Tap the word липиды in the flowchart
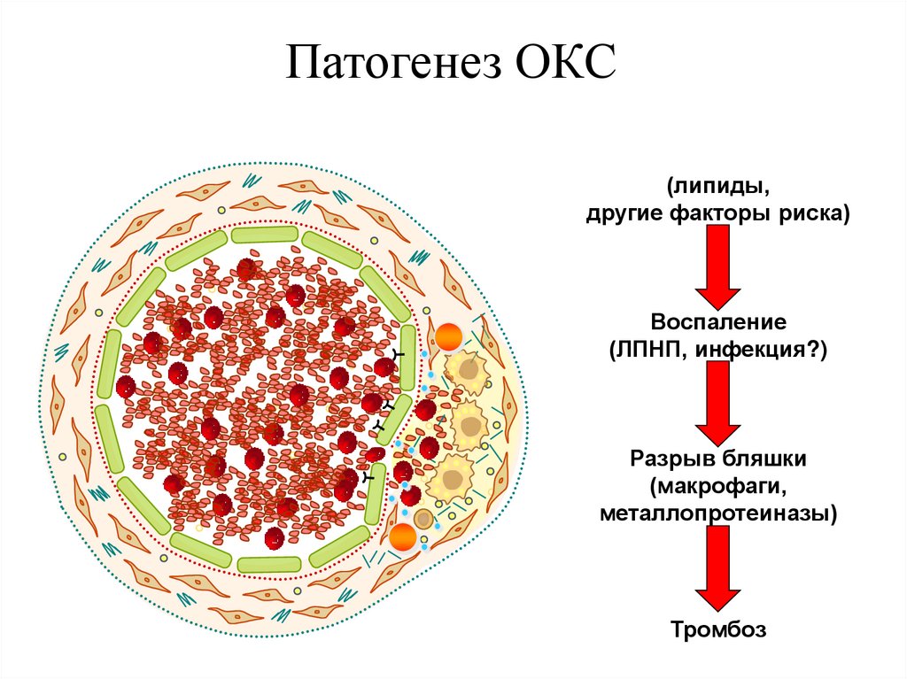[x=716, y=187]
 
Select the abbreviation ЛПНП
[x=649, y=350]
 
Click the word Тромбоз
[x=717, y=630]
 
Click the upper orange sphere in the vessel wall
[x=447, y=337]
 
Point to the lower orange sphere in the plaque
[x=404, y=536]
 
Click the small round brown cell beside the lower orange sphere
[x=424, y=520]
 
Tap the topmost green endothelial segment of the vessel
[x=265, y=235]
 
